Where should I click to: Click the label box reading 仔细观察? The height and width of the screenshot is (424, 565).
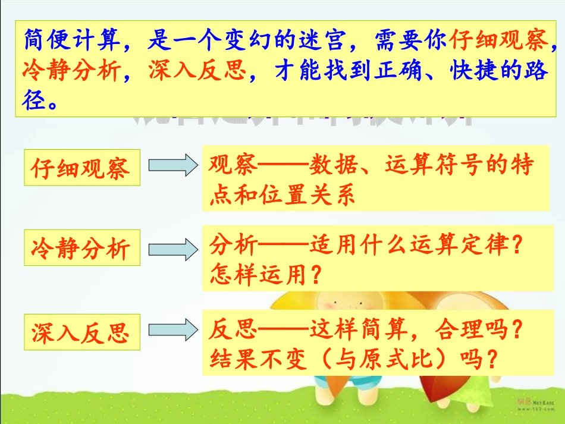click(80, 168)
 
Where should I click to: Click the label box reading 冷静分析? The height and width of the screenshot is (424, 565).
click(80, 247)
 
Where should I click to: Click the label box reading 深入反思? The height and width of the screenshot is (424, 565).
click(80, 332)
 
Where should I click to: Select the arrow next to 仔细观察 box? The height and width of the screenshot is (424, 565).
click(172, 165)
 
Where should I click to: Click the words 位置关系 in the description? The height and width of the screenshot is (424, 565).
click(308, 194)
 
